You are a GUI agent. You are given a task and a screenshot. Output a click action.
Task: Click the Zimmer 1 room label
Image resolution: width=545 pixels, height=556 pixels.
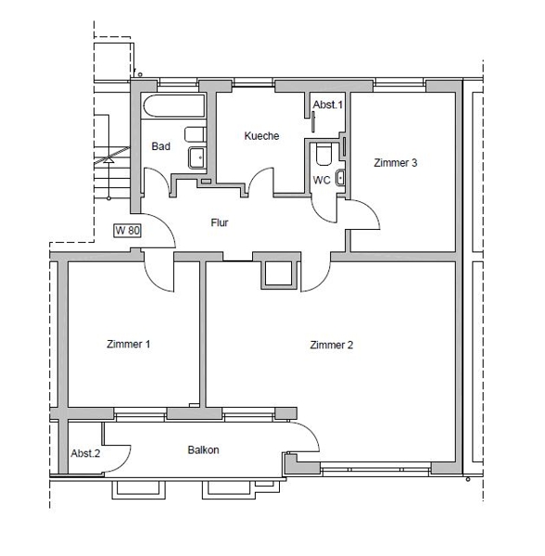(128, 344)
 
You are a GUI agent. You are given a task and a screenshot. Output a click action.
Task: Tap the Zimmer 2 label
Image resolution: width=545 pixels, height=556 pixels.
(332, 345)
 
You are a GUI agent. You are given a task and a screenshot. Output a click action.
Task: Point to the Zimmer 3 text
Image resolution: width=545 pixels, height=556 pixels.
(396, 163)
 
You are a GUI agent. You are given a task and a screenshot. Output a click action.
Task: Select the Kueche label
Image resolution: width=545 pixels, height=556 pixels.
(261, 136)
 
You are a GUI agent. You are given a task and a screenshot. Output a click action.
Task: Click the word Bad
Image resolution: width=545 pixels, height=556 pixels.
(161, 146)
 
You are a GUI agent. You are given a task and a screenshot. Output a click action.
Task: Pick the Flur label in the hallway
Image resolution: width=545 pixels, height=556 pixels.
(220, 222)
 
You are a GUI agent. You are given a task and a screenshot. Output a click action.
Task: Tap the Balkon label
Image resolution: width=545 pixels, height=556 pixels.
(203, 450)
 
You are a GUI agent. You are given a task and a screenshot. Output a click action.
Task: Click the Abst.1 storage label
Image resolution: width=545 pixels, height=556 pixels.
(328, 105)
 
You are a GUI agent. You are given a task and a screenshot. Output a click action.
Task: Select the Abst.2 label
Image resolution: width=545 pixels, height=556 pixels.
(85, 453)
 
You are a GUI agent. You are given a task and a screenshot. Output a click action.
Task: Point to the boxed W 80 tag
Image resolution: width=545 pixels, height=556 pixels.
(128, 231)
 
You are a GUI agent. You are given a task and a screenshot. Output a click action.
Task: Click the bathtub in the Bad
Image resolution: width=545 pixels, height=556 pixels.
(173, 106)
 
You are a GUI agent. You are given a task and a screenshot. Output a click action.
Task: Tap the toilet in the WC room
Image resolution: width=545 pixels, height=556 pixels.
(323, 154)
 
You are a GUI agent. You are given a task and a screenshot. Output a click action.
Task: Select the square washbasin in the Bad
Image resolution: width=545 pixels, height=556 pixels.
(197, 158)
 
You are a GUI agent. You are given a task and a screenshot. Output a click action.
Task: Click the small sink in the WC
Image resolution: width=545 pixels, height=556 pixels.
(340, 177)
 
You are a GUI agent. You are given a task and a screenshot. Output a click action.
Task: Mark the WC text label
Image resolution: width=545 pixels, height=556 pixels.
(322, 180)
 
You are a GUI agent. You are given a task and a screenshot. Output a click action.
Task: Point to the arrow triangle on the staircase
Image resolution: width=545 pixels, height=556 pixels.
(108, 160)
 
